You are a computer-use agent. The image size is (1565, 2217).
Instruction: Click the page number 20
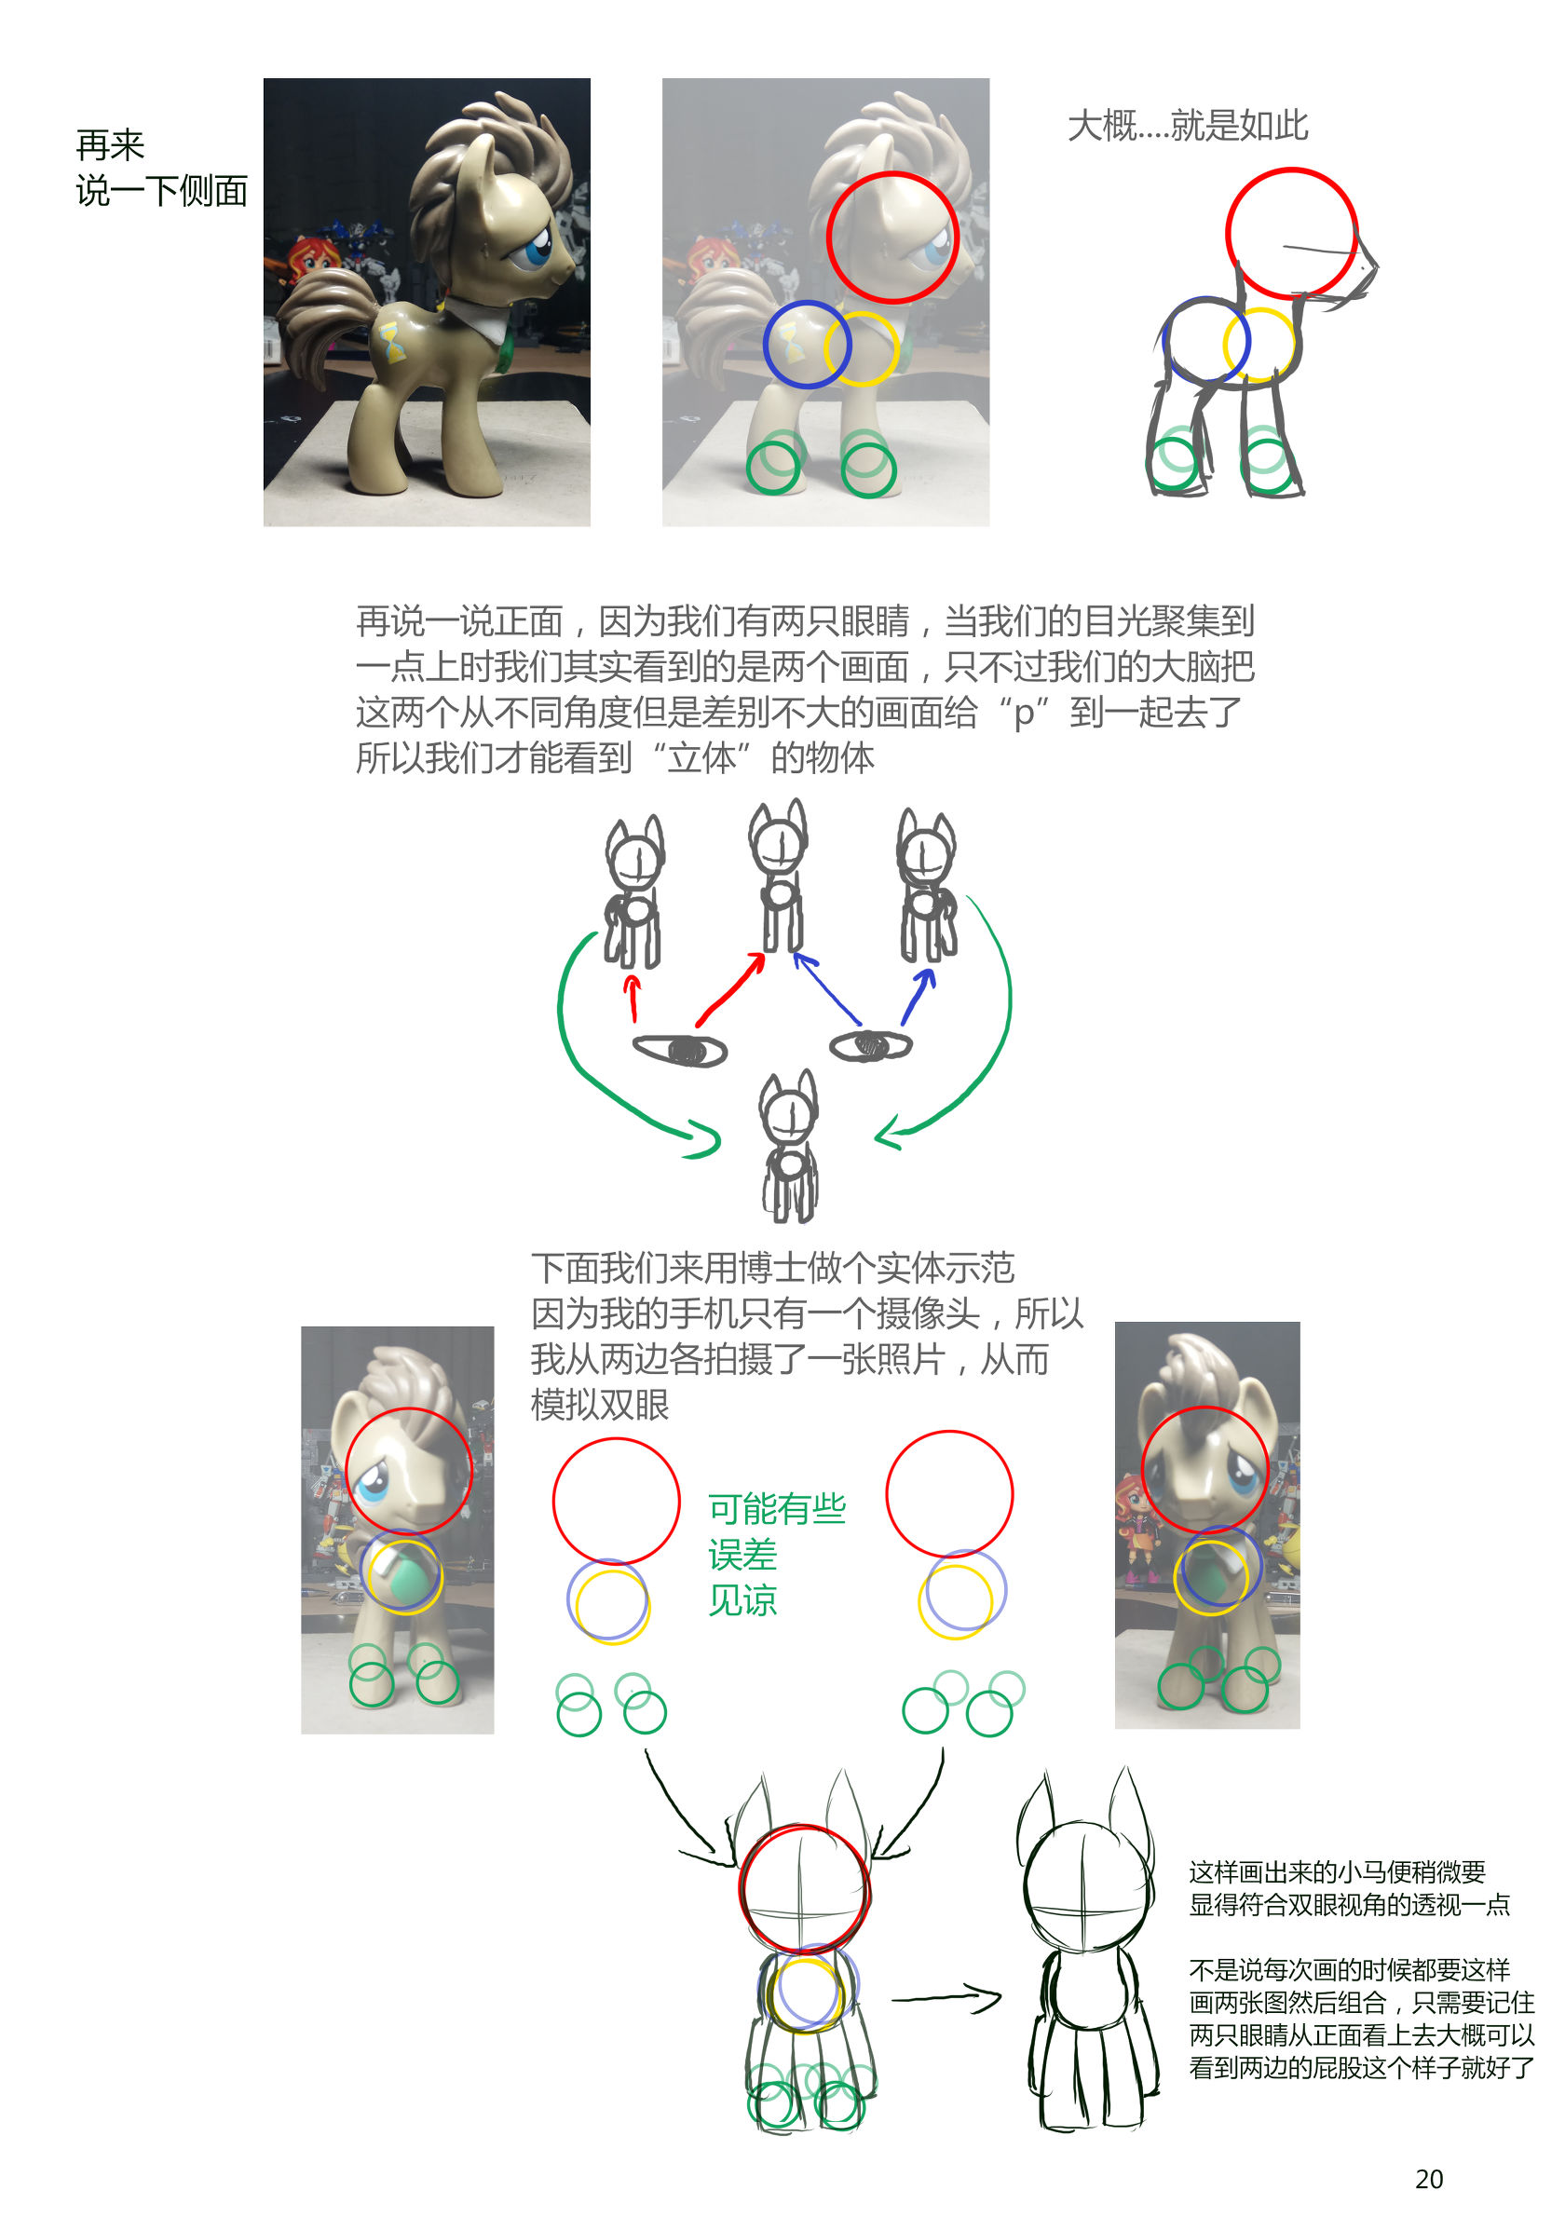click(x=1428, y=2179)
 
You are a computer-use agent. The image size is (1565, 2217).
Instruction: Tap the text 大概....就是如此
click(x=1188, y=126)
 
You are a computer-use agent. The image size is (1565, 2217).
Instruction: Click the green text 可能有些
click(x=777, y=1508)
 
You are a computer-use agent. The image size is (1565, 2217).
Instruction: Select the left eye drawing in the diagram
click(x=680, y=1051)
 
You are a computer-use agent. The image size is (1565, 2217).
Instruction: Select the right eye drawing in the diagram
click(x=871, y=1045)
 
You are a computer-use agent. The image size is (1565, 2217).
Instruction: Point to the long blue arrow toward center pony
click(x=825, y=987)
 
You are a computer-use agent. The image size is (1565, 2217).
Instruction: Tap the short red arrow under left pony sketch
click(x=633, y=998)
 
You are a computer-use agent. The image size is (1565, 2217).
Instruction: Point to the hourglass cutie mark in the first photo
click(x=392, y=345)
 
